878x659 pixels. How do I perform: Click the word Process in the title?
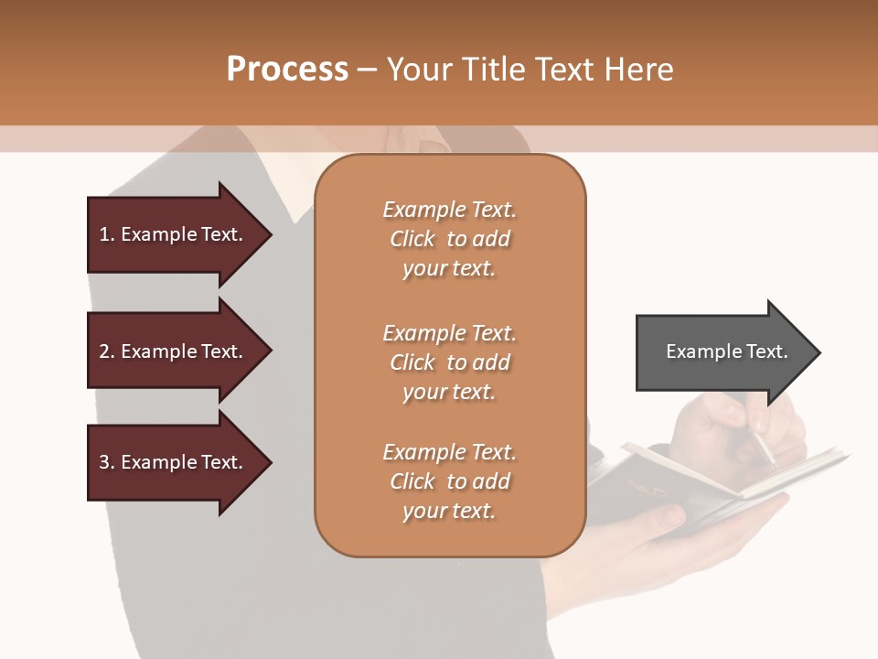point(287,69)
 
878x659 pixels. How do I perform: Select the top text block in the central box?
point(449,239)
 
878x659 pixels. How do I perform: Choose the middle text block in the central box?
point(449,362)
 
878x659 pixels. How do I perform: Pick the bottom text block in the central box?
point(449,481)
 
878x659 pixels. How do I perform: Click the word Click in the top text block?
point(412,239)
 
